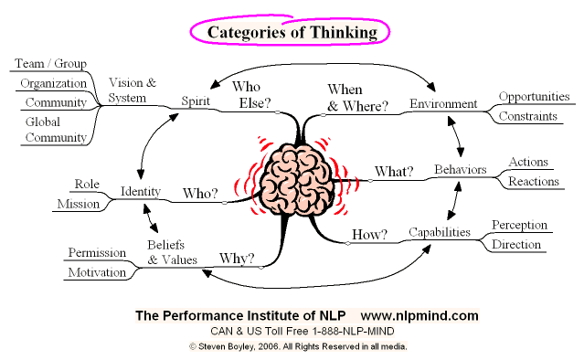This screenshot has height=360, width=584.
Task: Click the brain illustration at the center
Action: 296,179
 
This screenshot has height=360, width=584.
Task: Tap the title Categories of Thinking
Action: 292,32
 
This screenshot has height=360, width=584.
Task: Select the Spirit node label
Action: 196,101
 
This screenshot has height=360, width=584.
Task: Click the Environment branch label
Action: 443,103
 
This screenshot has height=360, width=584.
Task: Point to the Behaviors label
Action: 461,169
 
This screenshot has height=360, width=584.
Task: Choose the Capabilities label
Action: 440,232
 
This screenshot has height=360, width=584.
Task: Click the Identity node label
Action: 141,191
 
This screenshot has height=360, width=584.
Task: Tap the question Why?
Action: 237,258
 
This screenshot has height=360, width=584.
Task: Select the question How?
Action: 369,234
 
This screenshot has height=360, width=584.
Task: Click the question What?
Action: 394,171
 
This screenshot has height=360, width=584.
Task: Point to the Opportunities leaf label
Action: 534,97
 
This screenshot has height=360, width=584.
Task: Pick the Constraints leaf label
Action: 527,116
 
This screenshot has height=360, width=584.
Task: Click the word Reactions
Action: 534,181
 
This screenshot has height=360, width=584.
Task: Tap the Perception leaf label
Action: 519,226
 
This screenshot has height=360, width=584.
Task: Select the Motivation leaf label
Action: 97,272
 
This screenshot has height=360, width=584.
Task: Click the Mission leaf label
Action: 79,204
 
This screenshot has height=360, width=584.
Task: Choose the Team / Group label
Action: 50,64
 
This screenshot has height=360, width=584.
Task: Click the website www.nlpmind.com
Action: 419,316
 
